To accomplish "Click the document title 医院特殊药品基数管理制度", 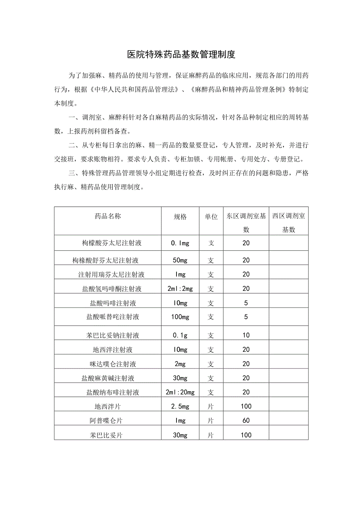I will [181, 54].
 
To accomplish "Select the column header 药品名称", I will [108, 216].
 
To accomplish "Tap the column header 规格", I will [180, 217].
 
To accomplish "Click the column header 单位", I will [211, 217].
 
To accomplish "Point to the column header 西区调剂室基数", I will [289, 223].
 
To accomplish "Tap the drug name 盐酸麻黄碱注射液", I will [108, 378].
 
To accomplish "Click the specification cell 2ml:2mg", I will [180, 289].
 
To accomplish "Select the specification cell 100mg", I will [180, 317].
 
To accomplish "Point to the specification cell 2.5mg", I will [180, 406].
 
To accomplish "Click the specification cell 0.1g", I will [180, 335].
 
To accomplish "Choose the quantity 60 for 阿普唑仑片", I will [246, 421].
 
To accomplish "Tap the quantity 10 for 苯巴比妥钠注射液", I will [246, 335].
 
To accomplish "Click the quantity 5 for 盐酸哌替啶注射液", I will [246, 317].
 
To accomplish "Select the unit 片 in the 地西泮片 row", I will [211, 406].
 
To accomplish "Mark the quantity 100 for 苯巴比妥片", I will [246, 435].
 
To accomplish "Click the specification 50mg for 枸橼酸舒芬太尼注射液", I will [180, 260].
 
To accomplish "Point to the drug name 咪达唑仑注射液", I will [113, 364].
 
